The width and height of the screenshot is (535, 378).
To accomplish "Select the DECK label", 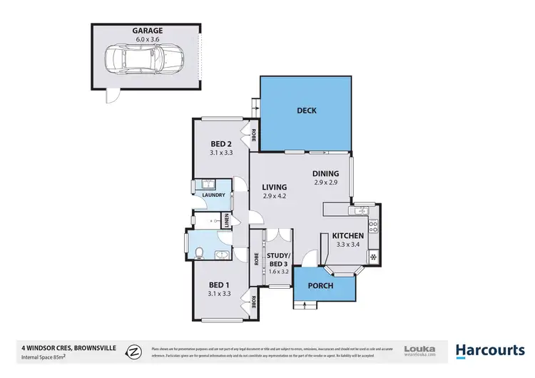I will pos(306,111).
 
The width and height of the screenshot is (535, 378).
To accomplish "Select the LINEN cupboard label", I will pos(226,221).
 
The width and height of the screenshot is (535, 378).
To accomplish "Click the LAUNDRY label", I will pos(214,195).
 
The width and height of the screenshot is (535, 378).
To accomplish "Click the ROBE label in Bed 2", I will pos(253,133).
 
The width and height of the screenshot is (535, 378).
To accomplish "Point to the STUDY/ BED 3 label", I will pos(277,259).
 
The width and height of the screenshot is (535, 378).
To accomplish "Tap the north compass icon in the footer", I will pos(133,350).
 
